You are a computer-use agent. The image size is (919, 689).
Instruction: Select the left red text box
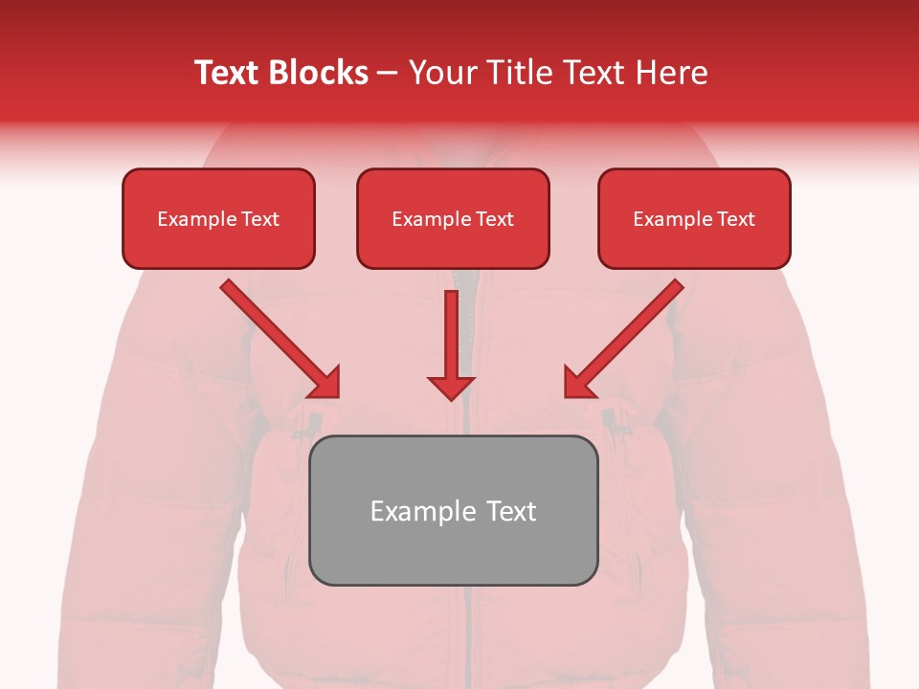point(218,218)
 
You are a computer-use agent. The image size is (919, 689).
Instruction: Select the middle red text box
point(453,218)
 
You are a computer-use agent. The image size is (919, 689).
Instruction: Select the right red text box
point(694,218)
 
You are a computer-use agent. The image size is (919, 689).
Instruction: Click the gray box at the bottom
point(454,510)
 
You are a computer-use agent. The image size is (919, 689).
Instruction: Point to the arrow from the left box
point(278,337)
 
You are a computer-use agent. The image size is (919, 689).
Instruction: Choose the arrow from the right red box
point(626,337)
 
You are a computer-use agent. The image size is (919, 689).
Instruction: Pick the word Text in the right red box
point(734,219)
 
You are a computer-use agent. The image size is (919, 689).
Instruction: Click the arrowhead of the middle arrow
point(451,387)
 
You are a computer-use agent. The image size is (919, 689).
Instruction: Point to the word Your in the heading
point(440,73)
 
